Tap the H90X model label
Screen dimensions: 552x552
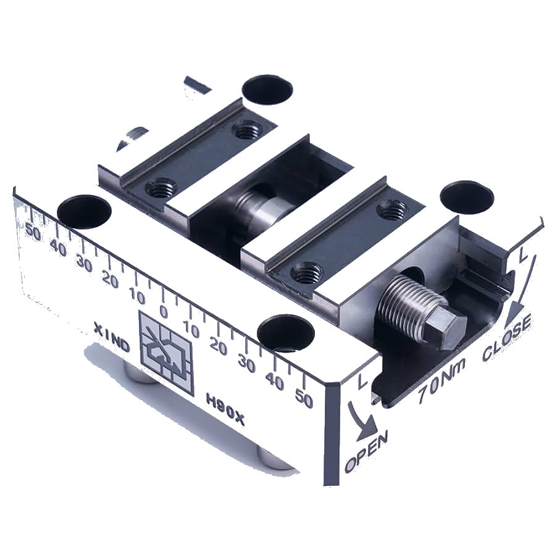(225, 409)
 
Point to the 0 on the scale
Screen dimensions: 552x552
(164, 312)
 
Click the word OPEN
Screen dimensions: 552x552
(366, 452)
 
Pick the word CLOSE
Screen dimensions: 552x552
(508, 337)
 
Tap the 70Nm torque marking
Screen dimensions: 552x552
(442, 380)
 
